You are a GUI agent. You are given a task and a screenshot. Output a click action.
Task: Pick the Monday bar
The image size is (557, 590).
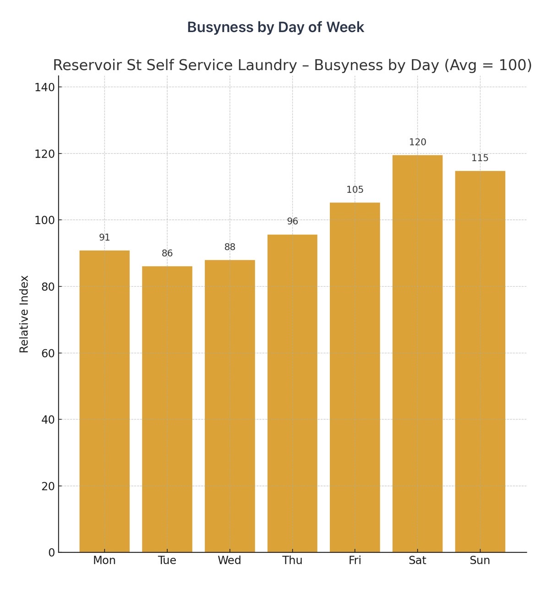104,401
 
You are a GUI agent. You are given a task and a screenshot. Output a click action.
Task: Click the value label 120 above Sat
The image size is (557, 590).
417,142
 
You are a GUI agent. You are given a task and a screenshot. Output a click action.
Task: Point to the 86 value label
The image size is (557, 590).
167,253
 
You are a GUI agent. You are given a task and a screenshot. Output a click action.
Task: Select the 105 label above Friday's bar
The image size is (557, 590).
355,190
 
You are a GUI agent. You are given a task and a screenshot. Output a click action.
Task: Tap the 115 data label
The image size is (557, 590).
480,158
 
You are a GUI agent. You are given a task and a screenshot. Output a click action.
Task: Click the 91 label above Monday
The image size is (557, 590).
104,238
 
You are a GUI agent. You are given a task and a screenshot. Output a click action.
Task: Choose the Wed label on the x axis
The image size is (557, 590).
229,561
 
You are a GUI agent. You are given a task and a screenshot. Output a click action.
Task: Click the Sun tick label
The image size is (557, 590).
480,561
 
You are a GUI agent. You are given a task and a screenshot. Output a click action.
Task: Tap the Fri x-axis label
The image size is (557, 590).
355,561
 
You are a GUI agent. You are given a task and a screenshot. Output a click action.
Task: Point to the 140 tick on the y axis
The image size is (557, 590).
44,87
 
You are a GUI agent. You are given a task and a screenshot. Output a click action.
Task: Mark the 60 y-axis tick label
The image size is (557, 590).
48,353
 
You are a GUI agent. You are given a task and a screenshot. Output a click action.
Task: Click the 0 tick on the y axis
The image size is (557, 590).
51,553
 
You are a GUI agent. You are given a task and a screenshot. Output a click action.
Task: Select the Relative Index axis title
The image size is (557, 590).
24,314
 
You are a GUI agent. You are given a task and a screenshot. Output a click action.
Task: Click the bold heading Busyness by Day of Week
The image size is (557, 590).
275,27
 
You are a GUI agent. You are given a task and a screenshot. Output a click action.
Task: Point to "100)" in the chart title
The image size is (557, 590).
515,66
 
